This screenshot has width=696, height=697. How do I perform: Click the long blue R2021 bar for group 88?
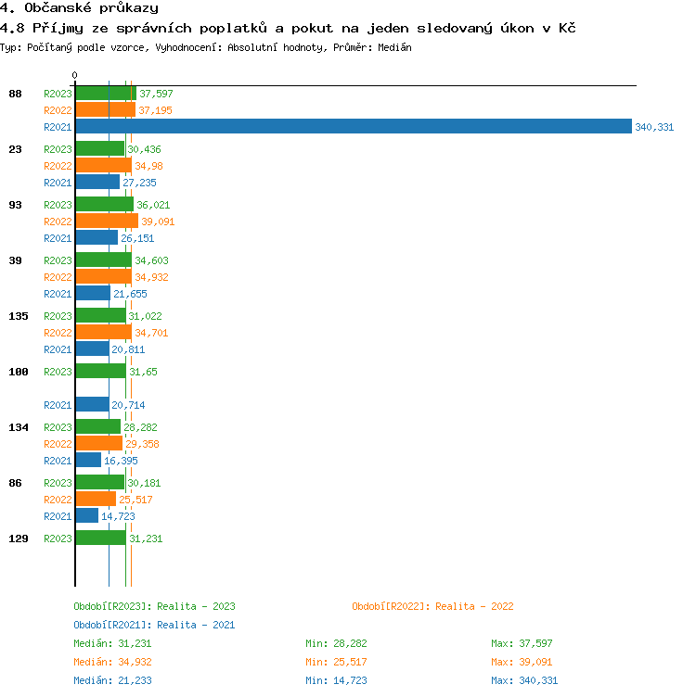[x=353, y=127]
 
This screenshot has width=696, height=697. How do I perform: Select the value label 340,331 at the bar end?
[x=654, y=127]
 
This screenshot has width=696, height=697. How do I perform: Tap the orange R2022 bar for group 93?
[x=107, y=222]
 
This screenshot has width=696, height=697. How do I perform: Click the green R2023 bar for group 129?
[x=100, y=539]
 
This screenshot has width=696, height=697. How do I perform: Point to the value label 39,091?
[x=158, y=222]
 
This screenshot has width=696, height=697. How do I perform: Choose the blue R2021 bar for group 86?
[x=86, y=516]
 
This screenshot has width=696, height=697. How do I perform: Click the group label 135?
[x=19, y=316]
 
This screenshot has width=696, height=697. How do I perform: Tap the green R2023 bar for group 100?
[x=100, y=372]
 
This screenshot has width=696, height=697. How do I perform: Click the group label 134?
[x=19, y=427]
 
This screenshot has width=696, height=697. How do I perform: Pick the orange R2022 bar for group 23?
[x=103, y=166]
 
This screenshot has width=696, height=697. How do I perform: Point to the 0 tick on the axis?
[x=75, y=76]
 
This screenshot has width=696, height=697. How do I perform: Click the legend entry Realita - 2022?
[x=432, y=606]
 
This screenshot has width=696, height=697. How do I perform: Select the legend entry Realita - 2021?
[x=154, y=625]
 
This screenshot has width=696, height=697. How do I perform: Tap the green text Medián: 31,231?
[x=112, y=643]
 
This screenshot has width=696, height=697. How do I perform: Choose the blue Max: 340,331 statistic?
[x=525, y=680]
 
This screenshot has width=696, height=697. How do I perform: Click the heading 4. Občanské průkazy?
[x=79, y=8]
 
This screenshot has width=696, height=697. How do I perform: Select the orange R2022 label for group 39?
[x=58, y=277]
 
